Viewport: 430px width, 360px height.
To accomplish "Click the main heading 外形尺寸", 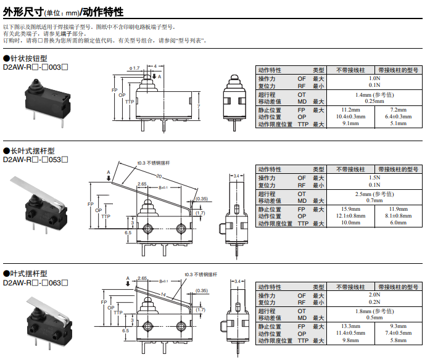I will click(24, 12).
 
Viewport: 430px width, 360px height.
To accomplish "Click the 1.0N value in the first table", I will click(374, 79).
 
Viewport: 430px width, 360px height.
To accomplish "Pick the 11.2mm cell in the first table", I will click(350, 109).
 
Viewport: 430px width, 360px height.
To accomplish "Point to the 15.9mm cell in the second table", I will click(350, 209).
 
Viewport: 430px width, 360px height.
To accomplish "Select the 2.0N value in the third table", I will click(374, 295).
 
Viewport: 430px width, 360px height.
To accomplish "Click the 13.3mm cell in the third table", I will click(350, 325).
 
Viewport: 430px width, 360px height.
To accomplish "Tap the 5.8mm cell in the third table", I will click(398, 340).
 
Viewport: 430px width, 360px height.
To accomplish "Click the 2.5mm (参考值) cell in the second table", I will click(374, 194).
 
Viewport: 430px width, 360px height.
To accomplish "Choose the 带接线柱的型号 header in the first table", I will click(398, 70).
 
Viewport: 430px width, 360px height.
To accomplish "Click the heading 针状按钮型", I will click(28, 58).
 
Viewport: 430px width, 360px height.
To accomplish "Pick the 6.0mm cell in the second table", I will click(398, 223).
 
